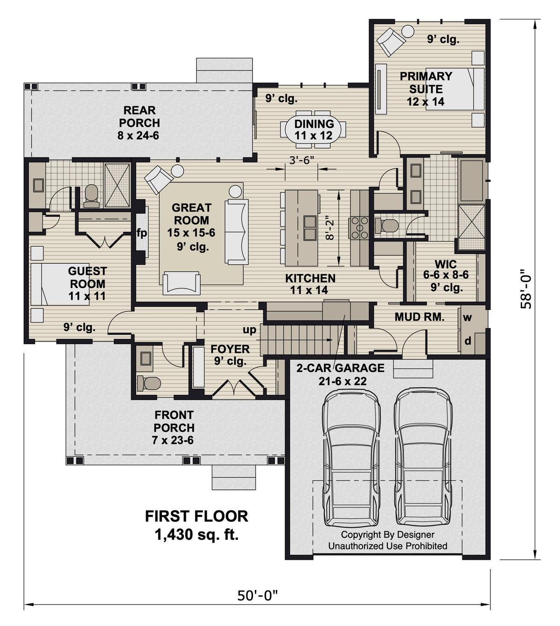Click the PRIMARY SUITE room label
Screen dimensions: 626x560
point(426,83)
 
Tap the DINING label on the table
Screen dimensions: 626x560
point(314,124)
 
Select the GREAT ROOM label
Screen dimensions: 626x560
point(191,214)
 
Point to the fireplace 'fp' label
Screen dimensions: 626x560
point(142,233)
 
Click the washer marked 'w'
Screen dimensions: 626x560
point(468,318)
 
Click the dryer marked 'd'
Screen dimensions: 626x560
point(468,341)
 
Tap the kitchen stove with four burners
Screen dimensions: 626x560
point(359,227)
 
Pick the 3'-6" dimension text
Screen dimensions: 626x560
point(301,160)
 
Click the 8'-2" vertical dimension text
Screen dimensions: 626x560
point(330,227)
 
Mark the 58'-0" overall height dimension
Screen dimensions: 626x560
point(526,289)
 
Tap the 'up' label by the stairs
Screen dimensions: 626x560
point(249,330)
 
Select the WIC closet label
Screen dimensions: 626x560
point(446,264)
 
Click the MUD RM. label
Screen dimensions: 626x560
point(419,317)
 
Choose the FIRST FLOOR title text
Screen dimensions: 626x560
point(196,516)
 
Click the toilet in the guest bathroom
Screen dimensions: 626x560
point(91,196)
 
